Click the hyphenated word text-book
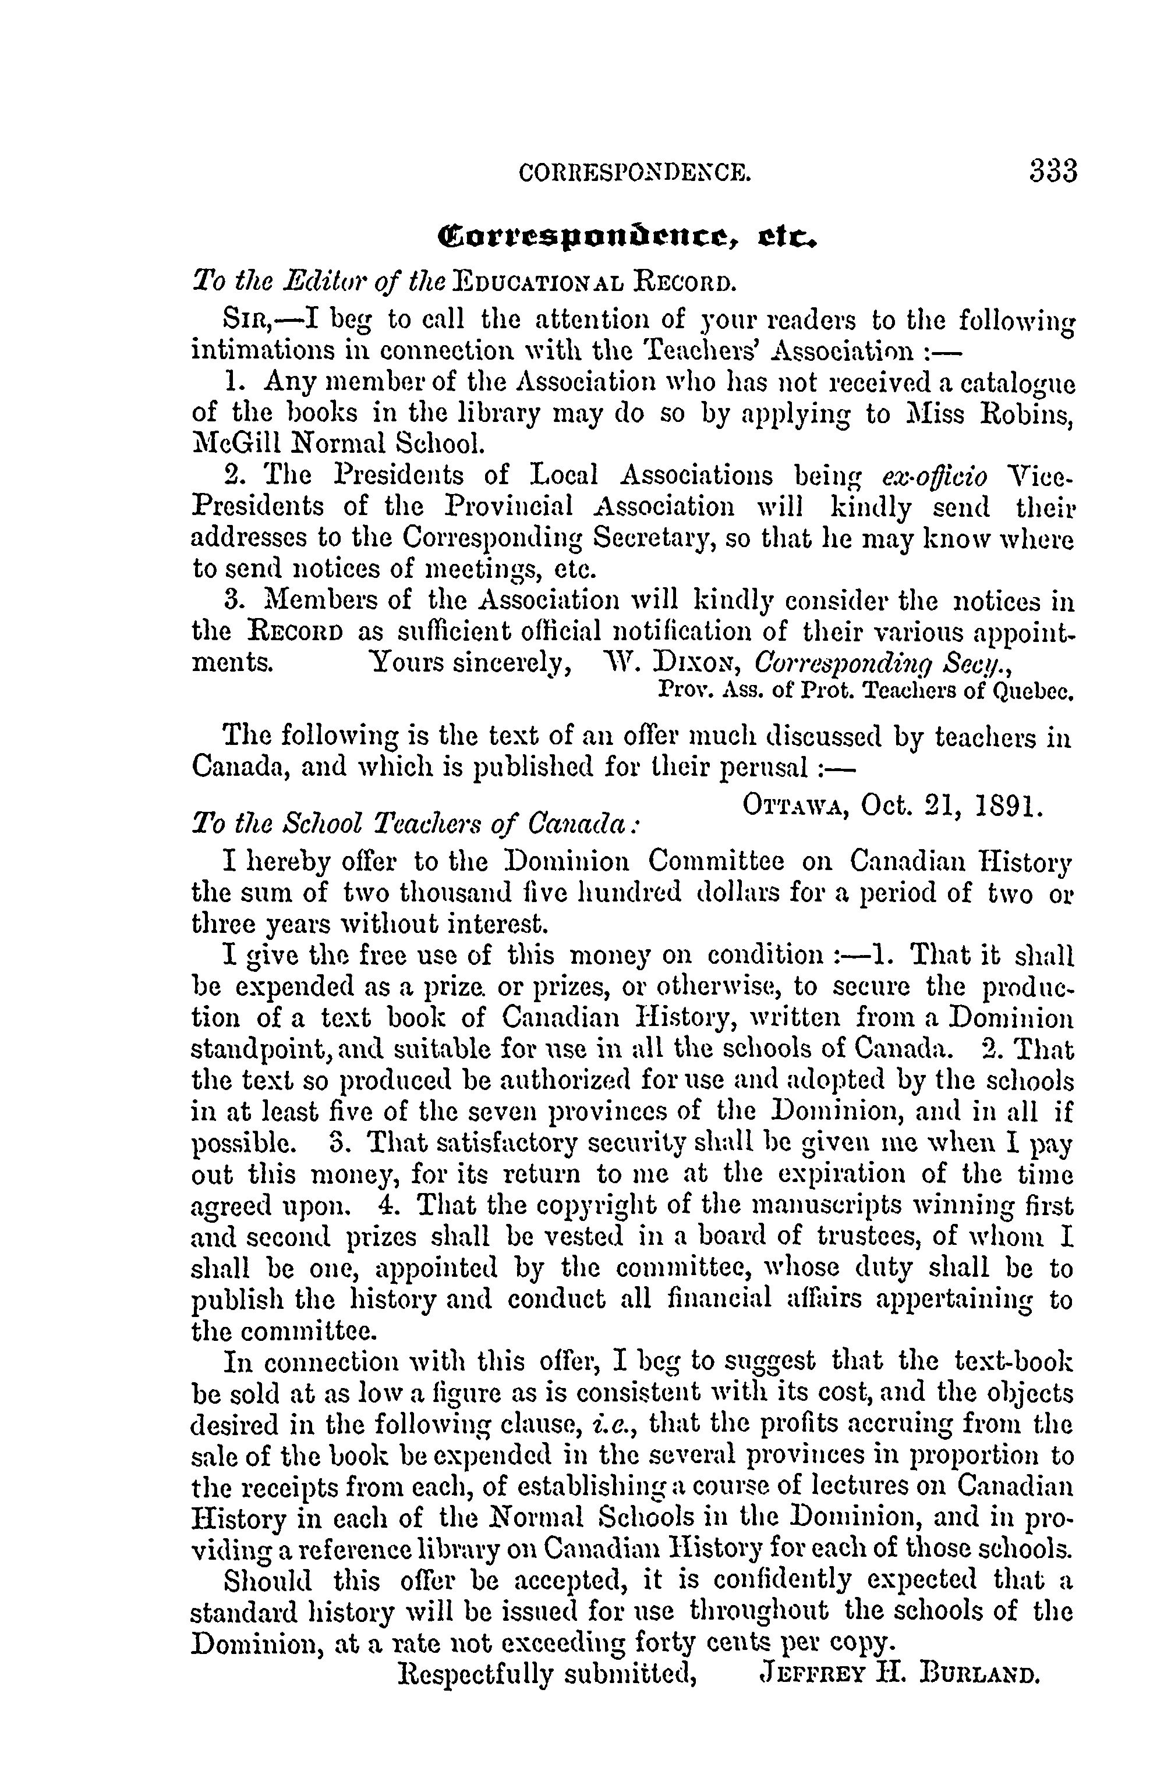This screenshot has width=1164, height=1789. tap(1012, 1361)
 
